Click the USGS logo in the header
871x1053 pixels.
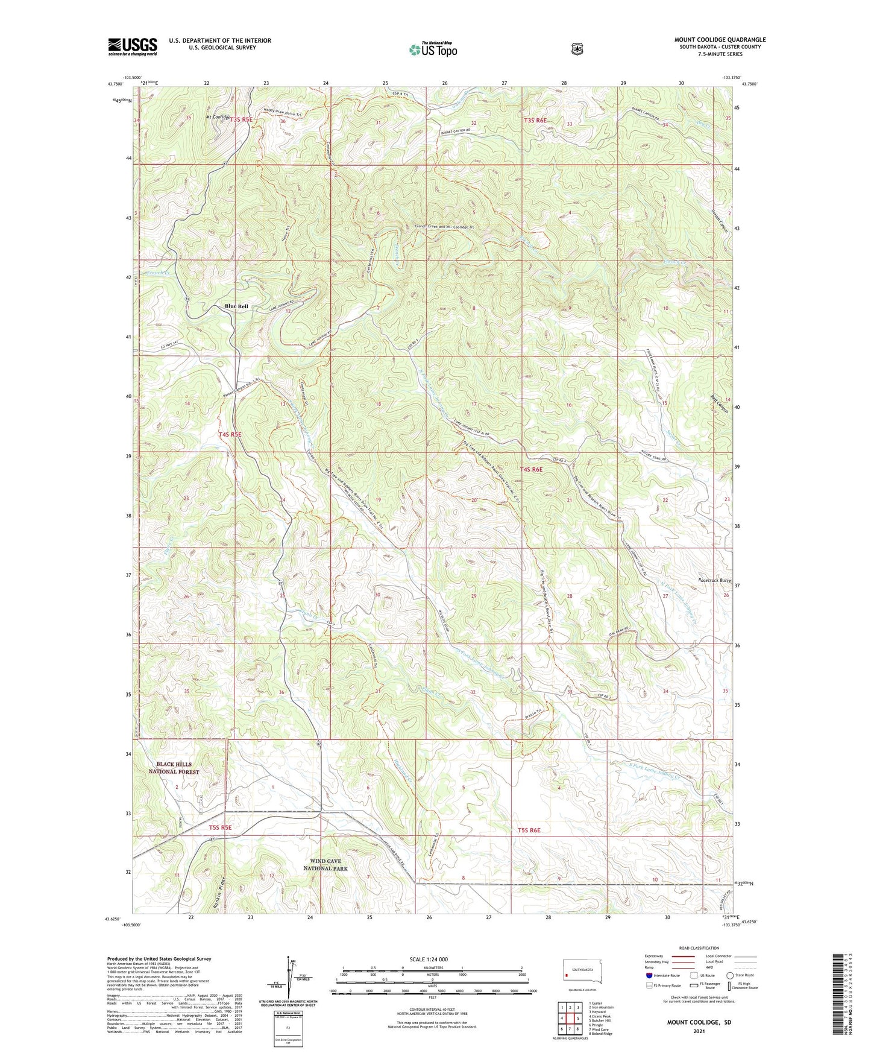[x=133, y=46]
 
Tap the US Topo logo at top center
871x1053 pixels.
[x=433, y=49]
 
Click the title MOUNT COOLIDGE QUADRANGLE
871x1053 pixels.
[x=720, y=40]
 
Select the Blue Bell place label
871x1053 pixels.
[x=236, y=306]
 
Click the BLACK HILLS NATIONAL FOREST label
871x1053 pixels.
[x=174, y=768]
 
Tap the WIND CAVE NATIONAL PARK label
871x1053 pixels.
[x=325, y=865]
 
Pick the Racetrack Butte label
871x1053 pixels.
[x=714, y=580]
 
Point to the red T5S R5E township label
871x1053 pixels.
[x=220, y=827]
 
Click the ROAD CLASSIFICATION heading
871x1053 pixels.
[x=699, y=949]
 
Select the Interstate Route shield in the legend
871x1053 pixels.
[x=649, y=975]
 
